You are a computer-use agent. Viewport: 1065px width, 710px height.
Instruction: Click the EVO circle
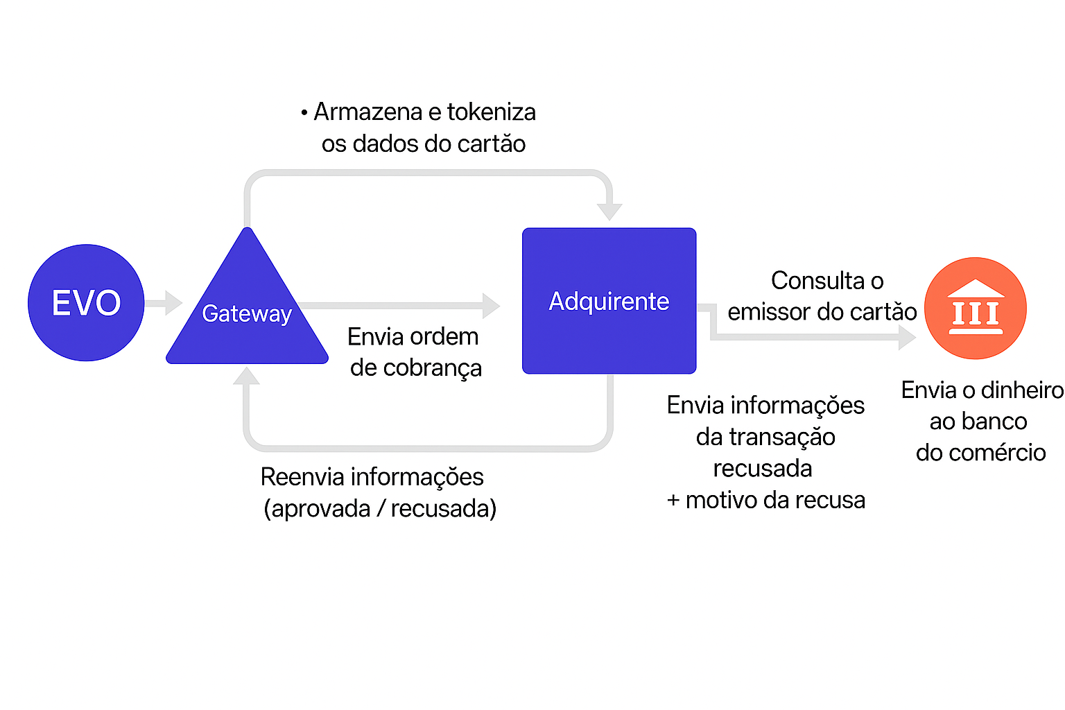[x=86, y=302]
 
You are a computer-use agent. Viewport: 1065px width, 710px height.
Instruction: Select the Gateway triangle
[x=247, y=315]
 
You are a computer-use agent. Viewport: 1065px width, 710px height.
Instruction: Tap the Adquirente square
[x=609, y=301]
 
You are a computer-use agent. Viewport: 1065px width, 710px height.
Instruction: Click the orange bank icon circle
[x=976, y=309]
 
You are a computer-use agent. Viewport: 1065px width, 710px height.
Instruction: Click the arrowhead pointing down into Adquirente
[x=609, y=209]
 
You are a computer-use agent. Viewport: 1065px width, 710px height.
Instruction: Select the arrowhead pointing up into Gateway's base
[x=246, y=376]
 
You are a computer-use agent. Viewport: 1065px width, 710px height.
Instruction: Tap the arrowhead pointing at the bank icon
[x=906, y=337]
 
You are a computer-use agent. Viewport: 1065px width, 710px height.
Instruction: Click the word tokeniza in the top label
[x=491, y=112]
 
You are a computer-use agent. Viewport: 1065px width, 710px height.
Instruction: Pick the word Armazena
[x=367, y=112]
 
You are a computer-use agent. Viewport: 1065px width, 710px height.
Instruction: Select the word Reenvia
[x=302, y=477]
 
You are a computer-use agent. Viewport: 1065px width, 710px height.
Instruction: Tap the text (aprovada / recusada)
[x=380, y=509]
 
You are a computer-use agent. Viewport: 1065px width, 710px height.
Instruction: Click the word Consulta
[x=817, y=281]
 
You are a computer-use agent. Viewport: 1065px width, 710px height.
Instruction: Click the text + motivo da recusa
[x=765, y=500]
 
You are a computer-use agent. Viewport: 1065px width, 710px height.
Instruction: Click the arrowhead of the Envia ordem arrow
[x=491, y=305]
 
